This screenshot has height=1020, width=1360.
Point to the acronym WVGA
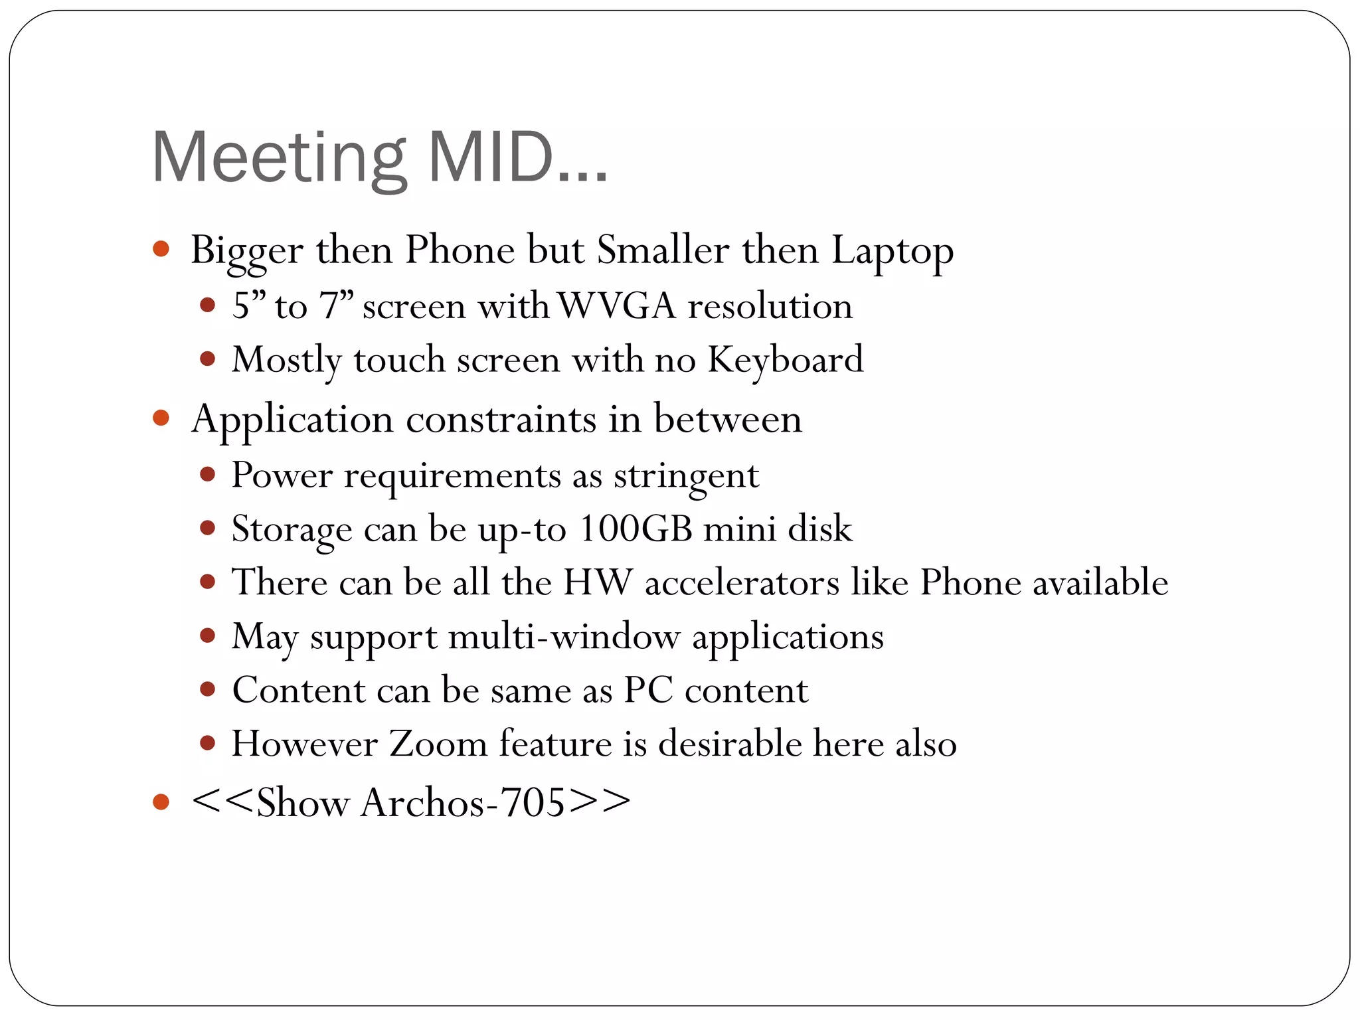[616, 307]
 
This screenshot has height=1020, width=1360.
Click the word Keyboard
[785, 361]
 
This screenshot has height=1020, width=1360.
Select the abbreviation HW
[598, 583]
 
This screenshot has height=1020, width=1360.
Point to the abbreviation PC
[648, 691]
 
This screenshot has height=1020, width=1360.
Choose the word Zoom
[438, 744]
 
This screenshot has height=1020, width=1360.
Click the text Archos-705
[463, 803]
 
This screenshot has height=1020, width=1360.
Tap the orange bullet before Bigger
[161, 250]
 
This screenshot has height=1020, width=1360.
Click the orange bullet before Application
[161, 418]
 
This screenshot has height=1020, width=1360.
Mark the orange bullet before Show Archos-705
[161, 802]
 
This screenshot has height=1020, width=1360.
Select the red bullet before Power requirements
[208, 474]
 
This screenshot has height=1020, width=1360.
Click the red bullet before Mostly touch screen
[208, 359]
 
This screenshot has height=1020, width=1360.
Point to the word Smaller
[663, 251]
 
